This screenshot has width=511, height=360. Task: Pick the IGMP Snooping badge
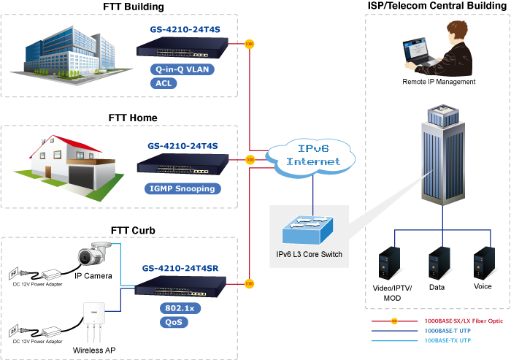(x=183, y=188)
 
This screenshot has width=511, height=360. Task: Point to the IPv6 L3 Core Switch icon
(x=309, y=228)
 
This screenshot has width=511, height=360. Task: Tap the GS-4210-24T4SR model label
(x=180, y=267)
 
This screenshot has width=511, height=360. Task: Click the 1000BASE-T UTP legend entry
(x=450, y=330)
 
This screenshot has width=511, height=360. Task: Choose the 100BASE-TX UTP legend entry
(x=450, y=340)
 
